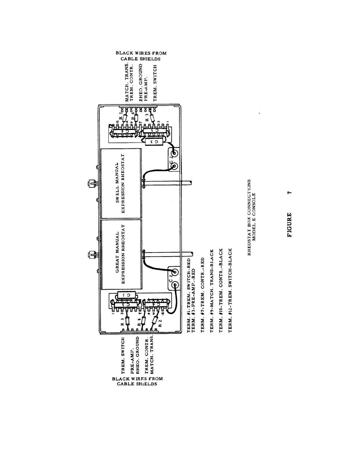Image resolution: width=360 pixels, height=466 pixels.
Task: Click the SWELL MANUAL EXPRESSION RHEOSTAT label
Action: (x=121, y=187)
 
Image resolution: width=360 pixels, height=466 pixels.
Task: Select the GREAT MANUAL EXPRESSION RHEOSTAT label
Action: (x=121, y=254)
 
